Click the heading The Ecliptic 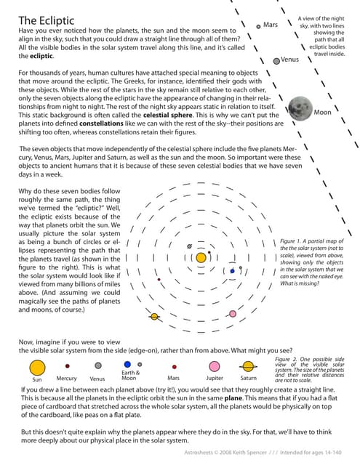[x=49, y=20]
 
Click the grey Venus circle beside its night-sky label [x=276, y=61]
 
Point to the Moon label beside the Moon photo [x=321, y=113]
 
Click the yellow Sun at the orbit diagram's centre [x=201, y=256]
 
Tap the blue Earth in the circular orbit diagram [x=233, y=271]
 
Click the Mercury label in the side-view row [x=67, y=379]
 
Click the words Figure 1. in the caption [x=292, y=240]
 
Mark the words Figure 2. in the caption [x=288, y=360]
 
